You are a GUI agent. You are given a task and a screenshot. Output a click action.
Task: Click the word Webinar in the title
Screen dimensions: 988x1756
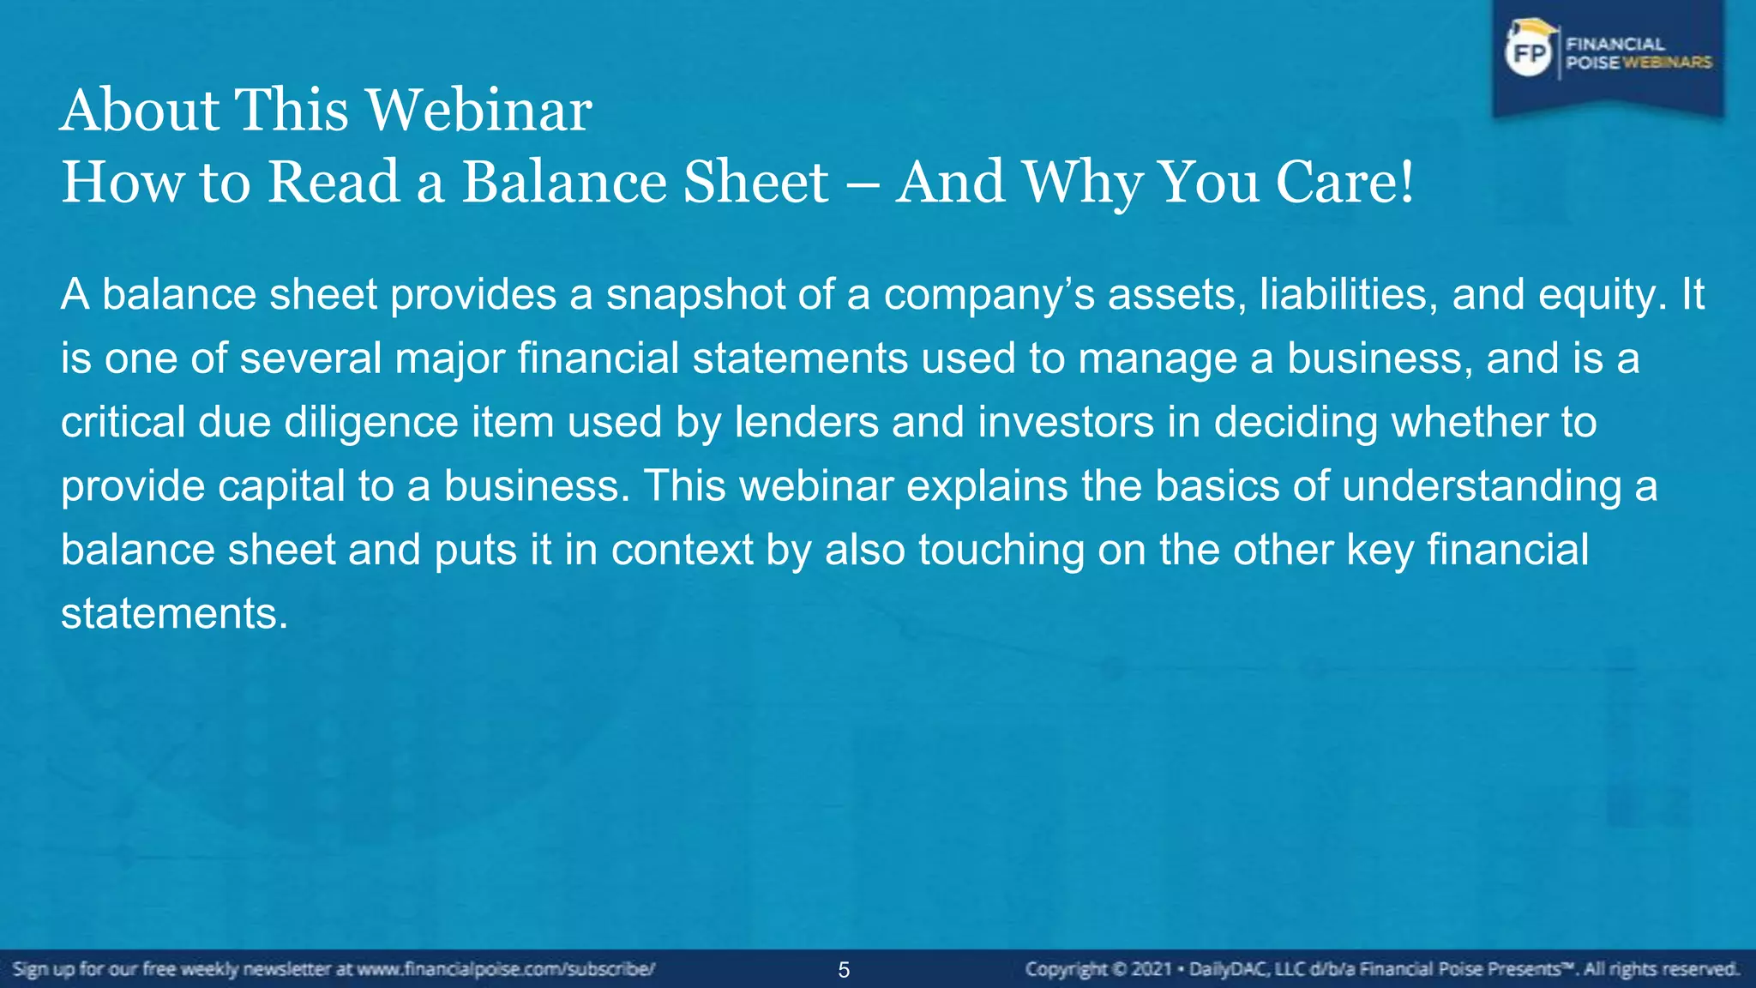point(479,111)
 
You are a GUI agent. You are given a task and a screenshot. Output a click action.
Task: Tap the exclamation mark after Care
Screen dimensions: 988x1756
point(1405,182)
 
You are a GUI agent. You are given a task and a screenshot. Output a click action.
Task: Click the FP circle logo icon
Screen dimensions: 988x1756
point(1529,54)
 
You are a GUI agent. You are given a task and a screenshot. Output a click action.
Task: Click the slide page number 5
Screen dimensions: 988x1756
point(844,970)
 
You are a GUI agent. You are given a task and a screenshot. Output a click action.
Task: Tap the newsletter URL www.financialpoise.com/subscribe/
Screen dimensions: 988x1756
point(506,970)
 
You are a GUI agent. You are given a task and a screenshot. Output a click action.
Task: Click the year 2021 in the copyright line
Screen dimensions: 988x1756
point(1152,970)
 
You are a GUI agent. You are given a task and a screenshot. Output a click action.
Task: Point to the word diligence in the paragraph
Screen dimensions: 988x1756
point(371,423)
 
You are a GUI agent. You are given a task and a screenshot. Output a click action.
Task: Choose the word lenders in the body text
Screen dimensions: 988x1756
point(806,422)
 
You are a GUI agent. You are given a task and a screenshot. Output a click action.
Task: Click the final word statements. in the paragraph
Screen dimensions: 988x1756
point(174,613)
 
